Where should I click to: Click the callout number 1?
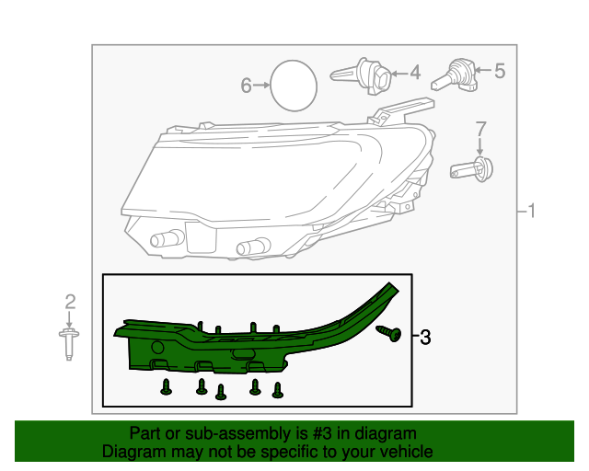point(531,211)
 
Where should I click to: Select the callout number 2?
point(70,302)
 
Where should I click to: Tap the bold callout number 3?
point(425,338)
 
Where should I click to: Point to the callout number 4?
point(415,73)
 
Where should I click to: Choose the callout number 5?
point(500,71)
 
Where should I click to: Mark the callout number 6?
point(246,86)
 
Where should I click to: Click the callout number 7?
point(480,129)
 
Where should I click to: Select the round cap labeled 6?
point(294,86)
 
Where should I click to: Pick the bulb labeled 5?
point(454,75)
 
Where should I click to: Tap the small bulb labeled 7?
point(471,170)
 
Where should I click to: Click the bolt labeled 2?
point(69,344)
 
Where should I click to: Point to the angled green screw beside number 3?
point(389,333)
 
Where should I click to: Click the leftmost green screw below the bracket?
point(166,387)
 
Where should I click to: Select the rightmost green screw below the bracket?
point(278,390)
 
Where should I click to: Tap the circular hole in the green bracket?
point(157,348)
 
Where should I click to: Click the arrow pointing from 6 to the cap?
point(261,86)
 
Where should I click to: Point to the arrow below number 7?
point(479,146)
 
